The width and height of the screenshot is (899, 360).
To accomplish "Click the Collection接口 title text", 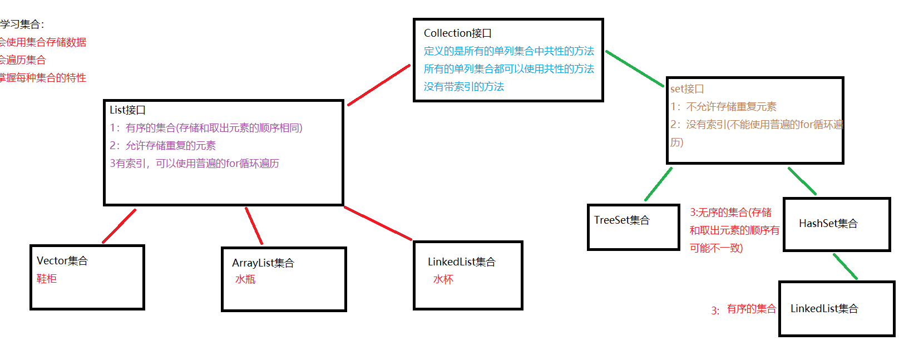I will click(457, 33).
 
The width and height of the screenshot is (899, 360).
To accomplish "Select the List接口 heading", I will click(127, 110).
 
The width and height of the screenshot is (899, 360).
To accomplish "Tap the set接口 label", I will click(687, 89).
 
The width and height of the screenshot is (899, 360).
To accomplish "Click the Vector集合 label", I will click(62, 261).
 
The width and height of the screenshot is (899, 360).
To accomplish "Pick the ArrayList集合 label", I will click(263, 263).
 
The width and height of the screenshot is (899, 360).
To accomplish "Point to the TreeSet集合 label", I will click(621, 220).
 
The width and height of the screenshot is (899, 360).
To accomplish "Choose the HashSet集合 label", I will click(828, 224).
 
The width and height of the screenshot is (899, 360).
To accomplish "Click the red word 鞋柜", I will click(47, 279).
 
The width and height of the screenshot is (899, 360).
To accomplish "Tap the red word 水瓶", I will click(245, 279).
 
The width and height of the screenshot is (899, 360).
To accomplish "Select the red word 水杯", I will click(443, 279).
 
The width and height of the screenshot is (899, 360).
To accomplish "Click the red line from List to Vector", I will click(119, 226).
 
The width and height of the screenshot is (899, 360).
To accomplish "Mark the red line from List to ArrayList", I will click(254, 225).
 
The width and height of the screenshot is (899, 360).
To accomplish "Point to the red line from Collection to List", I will click(379, 85).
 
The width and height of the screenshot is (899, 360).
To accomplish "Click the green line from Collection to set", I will click(634, 68).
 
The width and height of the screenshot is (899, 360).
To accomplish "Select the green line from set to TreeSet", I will click(658, 184).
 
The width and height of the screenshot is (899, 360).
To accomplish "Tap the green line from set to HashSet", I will click(802, 181).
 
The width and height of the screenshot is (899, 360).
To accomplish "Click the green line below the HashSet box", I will click(844, 266).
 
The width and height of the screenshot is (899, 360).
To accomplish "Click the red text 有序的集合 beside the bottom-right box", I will click(751, 309).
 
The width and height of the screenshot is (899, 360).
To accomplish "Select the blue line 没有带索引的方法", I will click(463, 87).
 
